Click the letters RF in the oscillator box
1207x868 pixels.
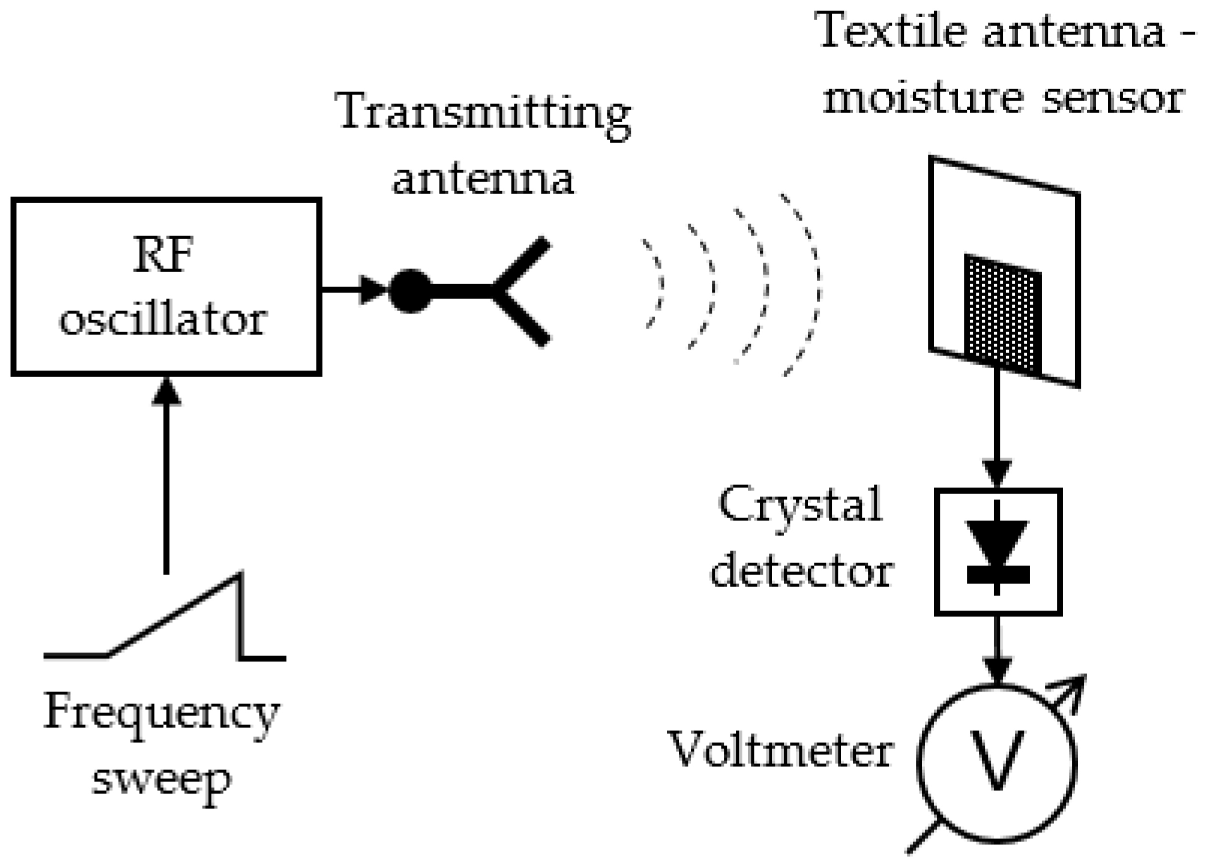pyautogui.click(x=163, y=255)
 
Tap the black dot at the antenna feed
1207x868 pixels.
pyautogui.click(x=410, y=290)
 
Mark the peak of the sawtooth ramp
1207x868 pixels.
pyautogui.click(x=241, y=575)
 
